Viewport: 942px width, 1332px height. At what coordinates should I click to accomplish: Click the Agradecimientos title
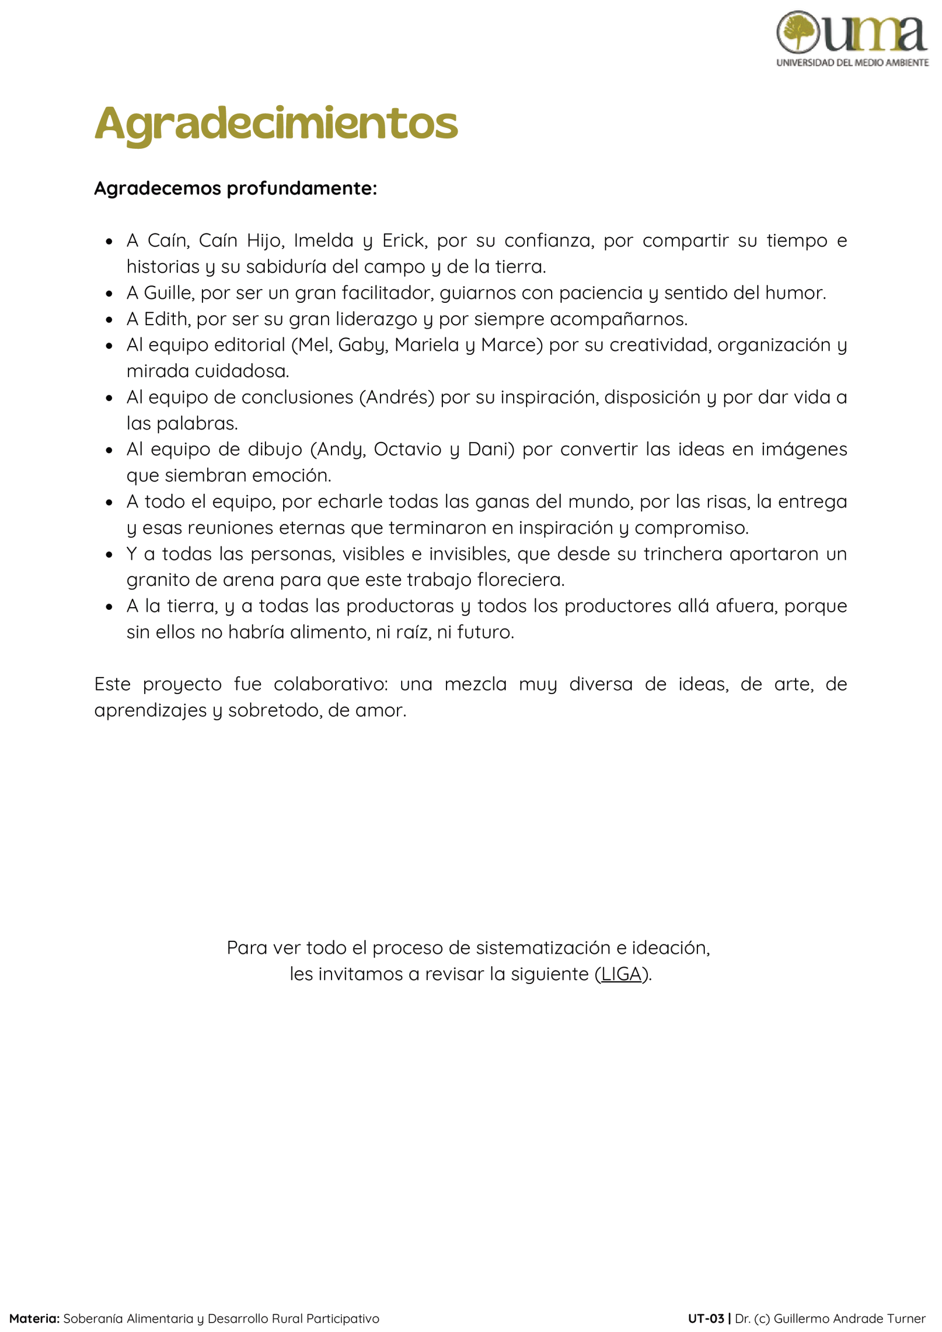tap(276, 123)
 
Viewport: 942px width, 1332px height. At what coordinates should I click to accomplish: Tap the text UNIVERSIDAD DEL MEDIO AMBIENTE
tap(852, 62)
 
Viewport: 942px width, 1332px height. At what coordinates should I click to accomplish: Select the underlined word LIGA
tap(621, 974)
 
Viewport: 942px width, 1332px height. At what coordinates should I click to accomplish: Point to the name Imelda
tap(323, 240)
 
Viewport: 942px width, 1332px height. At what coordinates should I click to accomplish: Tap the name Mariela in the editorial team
tap(427, 344)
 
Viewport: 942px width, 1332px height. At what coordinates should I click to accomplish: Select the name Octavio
tap(408, 449)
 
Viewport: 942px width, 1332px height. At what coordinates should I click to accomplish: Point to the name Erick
tap(404, 240)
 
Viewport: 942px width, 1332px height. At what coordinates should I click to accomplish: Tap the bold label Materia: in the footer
tap(34, 1318)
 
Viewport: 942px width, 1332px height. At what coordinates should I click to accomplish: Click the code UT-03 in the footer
tap(706, 1318)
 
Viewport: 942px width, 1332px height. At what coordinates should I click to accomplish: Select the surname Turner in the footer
tap(903, 1318)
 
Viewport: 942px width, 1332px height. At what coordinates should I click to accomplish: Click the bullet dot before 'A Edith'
tap(109, 319)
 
